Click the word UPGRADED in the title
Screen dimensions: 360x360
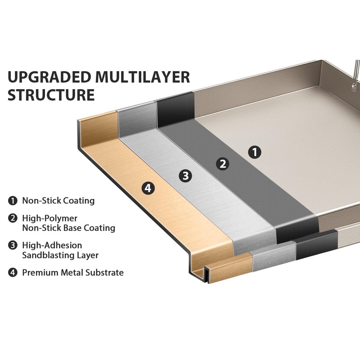(49, 77)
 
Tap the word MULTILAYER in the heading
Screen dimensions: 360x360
(143, 77)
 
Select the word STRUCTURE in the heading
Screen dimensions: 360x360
(51, 94)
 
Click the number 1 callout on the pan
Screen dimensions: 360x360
(255, 152)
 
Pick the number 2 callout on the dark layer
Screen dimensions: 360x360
(222, 164)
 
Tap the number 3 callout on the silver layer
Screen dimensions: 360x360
(185, 176)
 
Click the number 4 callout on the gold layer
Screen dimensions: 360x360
(148, 188)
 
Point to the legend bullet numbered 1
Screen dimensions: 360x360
(13, 201)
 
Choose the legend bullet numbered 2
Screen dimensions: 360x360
(13, 218)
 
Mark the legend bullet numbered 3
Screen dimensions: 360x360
(13, 245)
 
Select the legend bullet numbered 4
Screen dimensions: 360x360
(13, 273)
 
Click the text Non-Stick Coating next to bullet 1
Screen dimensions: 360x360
(58, 201)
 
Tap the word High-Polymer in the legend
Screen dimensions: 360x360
(50, 219)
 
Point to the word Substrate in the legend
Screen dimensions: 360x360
(105, 273)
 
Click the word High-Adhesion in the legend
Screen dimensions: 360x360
(52, 245)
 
